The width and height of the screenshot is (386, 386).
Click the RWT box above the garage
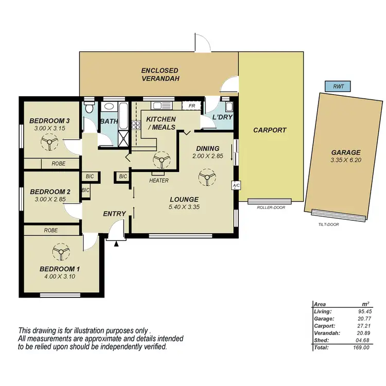(338, 86)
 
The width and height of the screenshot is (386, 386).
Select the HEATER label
(159, 181)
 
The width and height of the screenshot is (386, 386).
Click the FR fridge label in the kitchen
(191, 106)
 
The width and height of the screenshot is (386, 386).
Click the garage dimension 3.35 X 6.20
(345, 161)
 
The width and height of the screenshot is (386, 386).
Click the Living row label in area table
(323, 311)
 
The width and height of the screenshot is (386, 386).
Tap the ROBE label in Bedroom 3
(58, 164)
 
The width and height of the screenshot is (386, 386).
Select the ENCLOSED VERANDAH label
(160, 75)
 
